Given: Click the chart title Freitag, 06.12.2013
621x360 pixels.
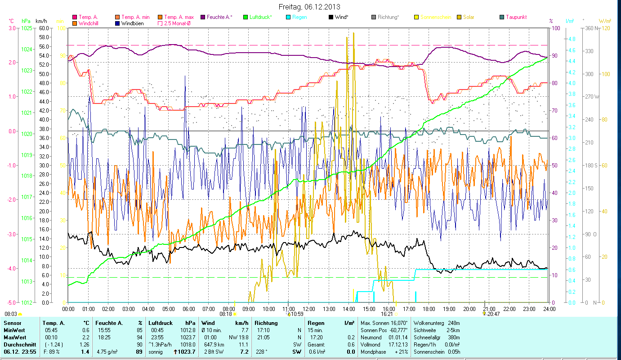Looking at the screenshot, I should (x=309, y=7).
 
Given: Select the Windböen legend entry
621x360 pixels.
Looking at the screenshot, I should (x=132, y=23).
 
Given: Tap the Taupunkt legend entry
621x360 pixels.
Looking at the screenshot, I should (x=516, y=17).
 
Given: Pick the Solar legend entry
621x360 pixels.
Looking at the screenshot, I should (x=469, y=17).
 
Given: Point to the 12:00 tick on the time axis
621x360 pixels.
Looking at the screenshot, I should (x=309, y=309).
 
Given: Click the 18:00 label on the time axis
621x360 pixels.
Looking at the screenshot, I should (x=429, y=309).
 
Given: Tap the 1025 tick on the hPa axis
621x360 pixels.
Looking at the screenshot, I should (x=27, y=28).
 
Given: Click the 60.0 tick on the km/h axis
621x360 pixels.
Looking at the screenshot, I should (x=44, y=28).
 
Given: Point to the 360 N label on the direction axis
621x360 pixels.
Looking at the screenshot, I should (x=591, y=28).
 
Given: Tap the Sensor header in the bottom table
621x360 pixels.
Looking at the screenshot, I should (x=12, y=323).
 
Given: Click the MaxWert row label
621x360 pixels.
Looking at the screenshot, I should (x=15, y=337).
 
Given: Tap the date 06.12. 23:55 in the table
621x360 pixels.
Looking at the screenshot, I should (x=19, y=351).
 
